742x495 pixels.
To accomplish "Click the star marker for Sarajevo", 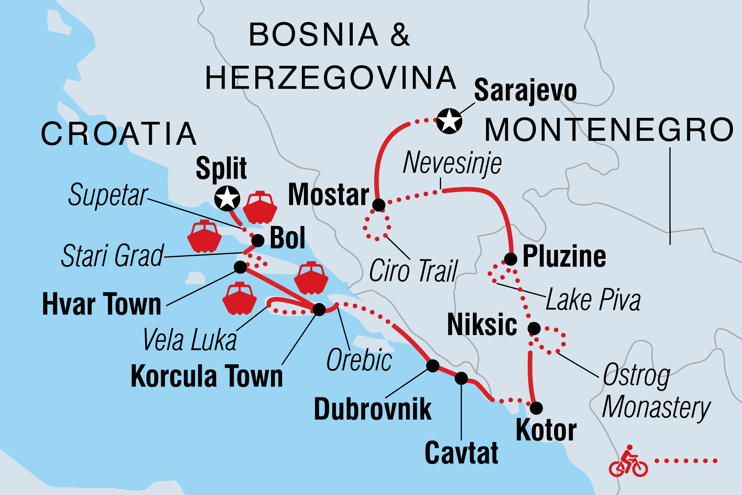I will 449,121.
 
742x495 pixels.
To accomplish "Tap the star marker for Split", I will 227,198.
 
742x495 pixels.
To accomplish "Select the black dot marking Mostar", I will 379,205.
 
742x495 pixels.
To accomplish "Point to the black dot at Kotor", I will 536,408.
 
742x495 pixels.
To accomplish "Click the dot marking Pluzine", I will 511,259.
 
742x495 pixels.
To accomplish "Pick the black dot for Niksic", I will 534,328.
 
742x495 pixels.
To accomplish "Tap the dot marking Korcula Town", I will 319,309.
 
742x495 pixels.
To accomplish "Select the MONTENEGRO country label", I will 609,130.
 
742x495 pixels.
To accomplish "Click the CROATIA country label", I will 119,134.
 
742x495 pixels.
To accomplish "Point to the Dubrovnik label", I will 372,409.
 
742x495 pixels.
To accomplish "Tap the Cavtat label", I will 461,453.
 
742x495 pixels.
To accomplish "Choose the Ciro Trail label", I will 413,271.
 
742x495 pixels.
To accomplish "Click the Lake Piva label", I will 593,300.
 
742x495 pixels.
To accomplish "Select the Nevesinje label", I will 452,163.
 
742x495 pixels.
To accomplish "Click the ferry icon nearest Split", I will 260,208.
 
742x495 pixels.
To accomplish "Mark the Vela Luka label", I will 190,340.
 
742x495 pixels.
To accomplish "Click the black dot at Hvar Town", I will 240,267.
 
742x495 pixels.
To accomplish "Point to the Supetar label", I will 108,195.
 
